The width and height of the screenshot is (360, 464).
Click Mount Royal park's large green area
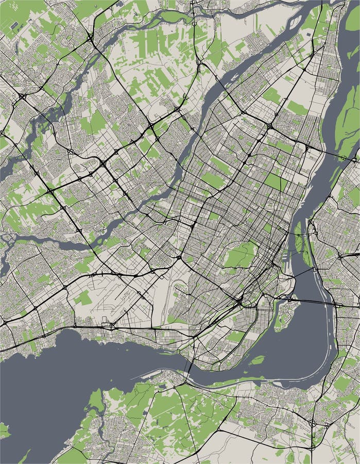[x=240, y=255]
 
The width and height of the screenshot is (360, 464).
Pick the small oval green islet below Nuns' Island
[x=257, y=359]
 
